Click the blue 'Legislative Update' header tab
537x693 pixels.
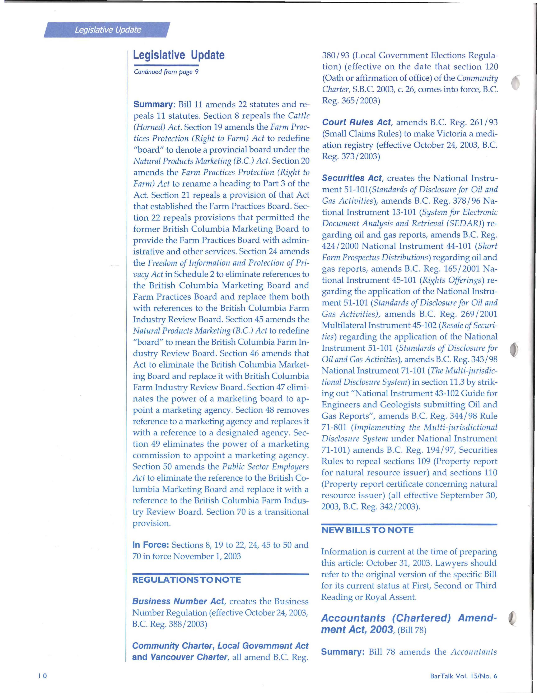(108, 30)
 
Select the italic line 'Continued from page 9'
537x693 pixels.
(166, 72)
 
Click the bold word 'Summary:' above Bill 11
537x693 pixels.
(154, 104)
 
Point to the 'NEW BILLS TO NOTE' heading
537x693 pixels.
(367, 530)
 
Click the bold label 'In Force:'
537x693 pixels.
(150, 545)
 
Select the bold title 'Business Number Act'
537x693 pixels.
(178, 601)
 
